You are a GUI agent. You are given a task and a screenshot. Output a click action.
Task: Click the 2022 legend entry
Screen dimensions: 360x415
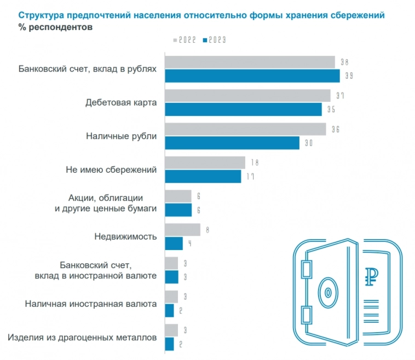tap(185, 40)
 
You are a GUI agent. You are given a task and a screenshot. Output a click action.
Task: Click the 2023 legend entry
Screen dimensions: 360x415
tap(215, 40)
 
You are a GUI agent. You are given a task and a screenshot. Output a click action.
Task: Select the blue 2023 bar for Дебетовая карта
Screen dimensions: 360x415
tap(243, 109)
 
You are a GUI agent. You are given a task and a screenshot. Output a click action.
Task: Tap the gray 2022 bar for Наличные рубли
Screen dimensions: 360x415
tap(245, 130)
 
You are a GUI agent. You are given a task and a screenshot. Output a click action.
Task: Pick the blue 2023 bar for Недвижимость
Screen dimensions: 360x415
tap(174, 243)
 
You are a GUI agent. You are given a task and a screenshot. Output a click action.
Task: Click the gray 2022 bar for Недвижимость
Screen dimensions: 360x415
tap(182, 230)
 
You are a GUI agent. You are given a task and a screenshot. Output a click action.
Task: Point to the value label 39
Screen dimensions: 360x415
tap(349, 76)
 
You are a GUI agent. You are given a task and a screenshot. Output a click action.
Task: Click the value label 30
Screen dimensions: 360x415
tap(309, 143)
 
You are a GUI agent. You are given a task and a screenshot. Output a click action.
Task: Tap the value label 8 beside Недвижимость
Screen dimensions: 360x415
tap(208, 230)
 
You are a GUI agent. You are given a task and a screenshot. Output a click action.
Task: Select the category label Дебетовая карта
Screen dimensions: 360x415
tap(121, 103)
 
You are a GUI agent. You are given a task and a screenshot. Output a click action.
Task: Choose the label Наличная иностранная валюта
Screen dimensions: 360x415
tap(91, 304)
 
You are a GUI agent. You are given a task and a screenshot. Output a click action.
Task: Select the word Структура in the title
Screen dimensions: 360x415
tap(41, 15)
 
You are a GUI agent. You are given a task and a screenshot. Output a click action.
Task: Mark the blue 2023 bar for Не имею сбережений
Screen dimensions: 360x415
tap(203, 177)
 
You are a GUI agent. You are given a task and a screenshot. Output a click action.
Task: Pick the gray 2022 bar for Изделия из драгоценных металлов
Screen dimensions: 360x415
tap(171, 330)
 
